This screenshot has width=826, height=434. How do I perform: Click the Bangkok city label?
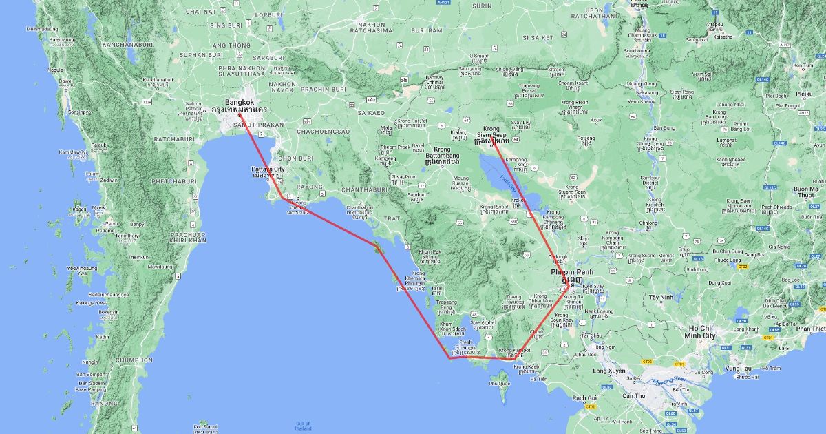tap(240, 102)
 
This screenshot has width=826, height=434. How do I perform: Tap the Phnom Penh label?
tap(571, 272)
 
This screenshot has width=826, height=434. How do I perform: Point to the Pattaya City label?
tap(268, 169)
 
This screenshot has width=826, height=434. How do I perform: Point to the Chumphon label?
tap(134, 360)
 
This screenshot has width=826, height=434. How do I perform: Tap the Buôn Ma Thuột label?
tap(805, 192)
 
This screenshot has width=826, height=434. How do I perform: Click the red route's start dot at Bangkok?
tap(240, 114)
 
